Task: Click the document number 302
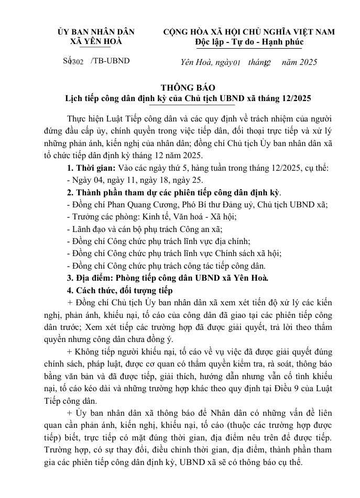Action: [x=77, y=62]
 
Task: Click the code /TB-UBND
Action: [x=110, y=61]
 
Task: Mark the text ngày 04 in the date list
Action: [x=85, y=180]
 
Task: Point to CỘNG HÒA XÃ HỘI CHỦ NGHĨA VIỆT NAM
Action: [x=249, y=31]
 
